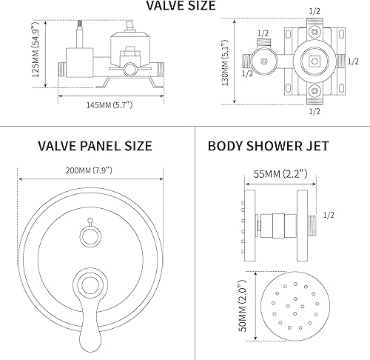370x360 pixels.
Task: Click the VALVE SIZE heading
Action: click(181, 7)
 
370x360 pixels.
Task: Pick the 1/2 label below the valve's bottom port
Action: click(313, 111)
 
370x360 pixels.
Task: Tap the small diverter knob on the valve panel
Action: click(90, 236)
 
